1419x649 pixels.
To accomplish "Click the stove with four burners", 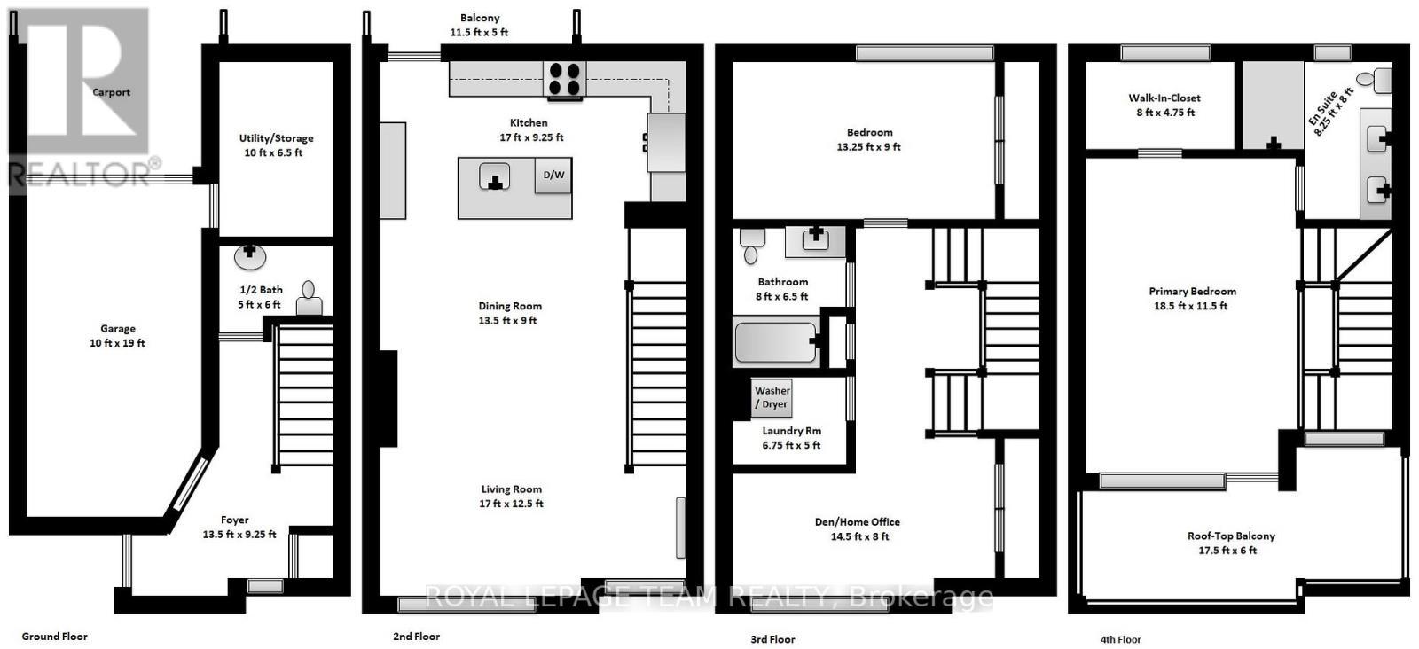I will [x=564, y=78].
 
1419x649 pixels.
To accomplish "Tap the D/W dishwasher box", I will [x=553, y=175].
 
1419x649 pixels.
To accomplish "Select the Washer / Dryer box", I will [x=772, y=397].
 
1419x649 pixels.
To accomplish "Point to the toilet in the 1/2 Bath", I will [x=309, y=300].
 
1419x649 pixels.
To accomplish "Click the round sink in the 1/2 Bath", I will [x=250, y=255].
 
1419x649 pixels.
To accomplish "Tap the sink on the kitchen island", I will [x=495, y=177].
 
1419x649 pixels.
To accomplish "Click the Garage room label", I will [x=118, y=328].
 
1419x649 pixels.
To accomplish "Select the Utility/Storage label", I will [x=276, y=138].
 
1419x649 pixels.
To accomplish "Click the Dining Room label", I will [x=510, y=306].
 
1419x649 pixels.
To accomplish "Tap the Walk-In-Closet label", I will [x=1164, y=98].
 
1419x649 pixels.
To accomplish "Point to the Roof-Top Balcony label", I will [x=1231, y=536].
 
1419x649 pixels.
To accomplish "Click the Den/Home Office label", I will [x=857, y=522].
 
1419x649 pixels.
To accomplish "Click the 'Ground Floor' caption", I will [x=54, y=637].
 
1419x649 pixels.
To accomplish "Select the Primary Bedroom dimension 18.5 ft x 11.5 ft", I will [x=1192, y=306].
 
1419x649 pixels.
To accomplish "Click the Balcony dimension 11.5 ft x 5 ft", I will [x=479, y=33].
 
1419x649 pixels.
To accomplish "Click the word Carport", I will [x=112, y=92].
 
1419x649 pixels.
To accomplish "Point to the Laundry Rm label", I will [x=791, y=431].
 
